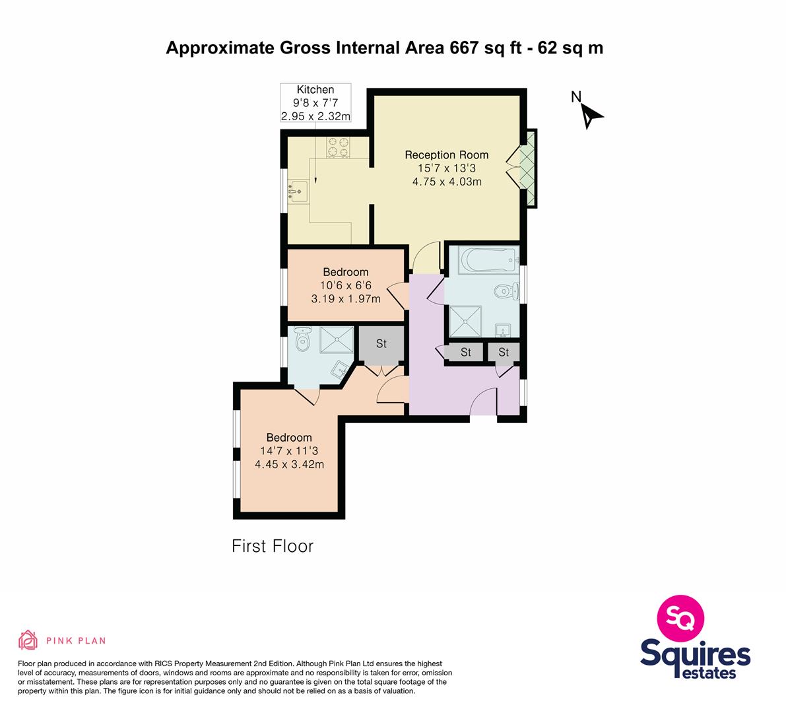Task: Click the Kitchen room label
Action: point(315,90)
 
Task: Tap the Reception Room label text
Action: point(447,155)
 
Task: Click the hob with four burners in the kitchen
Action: point(339,147)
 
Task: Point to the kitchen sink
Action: point(298,191)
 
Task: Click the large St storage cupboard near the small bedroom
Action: point(381,344)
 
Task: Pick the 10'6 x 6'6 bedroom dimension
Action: point(346,286)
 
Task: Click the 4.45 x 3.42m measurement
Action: point(289,464)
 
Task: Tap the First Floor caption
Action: point(273,546)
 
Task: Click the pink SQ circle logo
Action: point(680,618)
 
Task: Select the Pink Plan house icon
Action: point(28,640)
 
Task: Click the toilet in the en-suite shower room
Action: point(302,339)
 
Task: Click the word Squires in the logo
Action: point(696,654)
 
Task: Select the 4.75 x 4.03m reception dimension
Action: point(447,182)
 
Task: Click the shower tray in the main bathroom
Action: point(465,322)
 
